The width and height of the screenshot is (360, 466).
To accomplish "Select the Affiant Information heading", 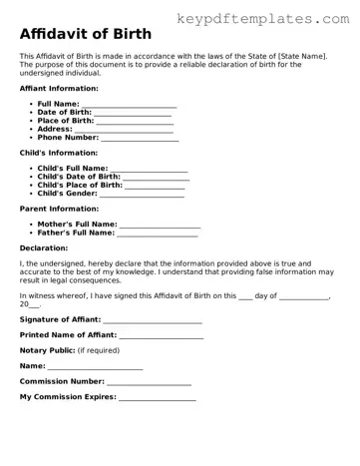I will click(59, 89).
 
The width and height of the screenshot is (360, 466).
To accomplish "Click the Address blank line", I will click(124, 130).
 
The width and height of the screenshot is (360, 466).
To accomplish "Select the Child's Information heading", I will click(59, 153).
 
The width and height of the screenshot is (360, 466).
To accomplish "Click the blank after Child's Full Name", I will click(149, 170).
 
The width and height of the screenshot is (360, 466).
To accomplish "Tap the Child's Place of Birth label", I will click(80, 186).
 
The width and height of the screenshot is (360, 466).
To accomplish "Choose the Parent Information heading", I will click(59, 209).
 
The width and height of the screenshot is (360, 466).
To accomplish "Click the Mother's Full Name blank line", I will click(160, 226).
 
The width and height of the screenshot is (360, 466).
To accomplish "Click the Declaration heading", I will click(44, 247).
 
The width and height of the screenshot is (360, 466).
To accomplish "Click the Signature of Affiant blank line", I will click(153, 320).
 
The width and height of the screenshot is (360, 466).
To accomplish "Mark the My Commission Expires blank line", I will click(158, 398).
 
